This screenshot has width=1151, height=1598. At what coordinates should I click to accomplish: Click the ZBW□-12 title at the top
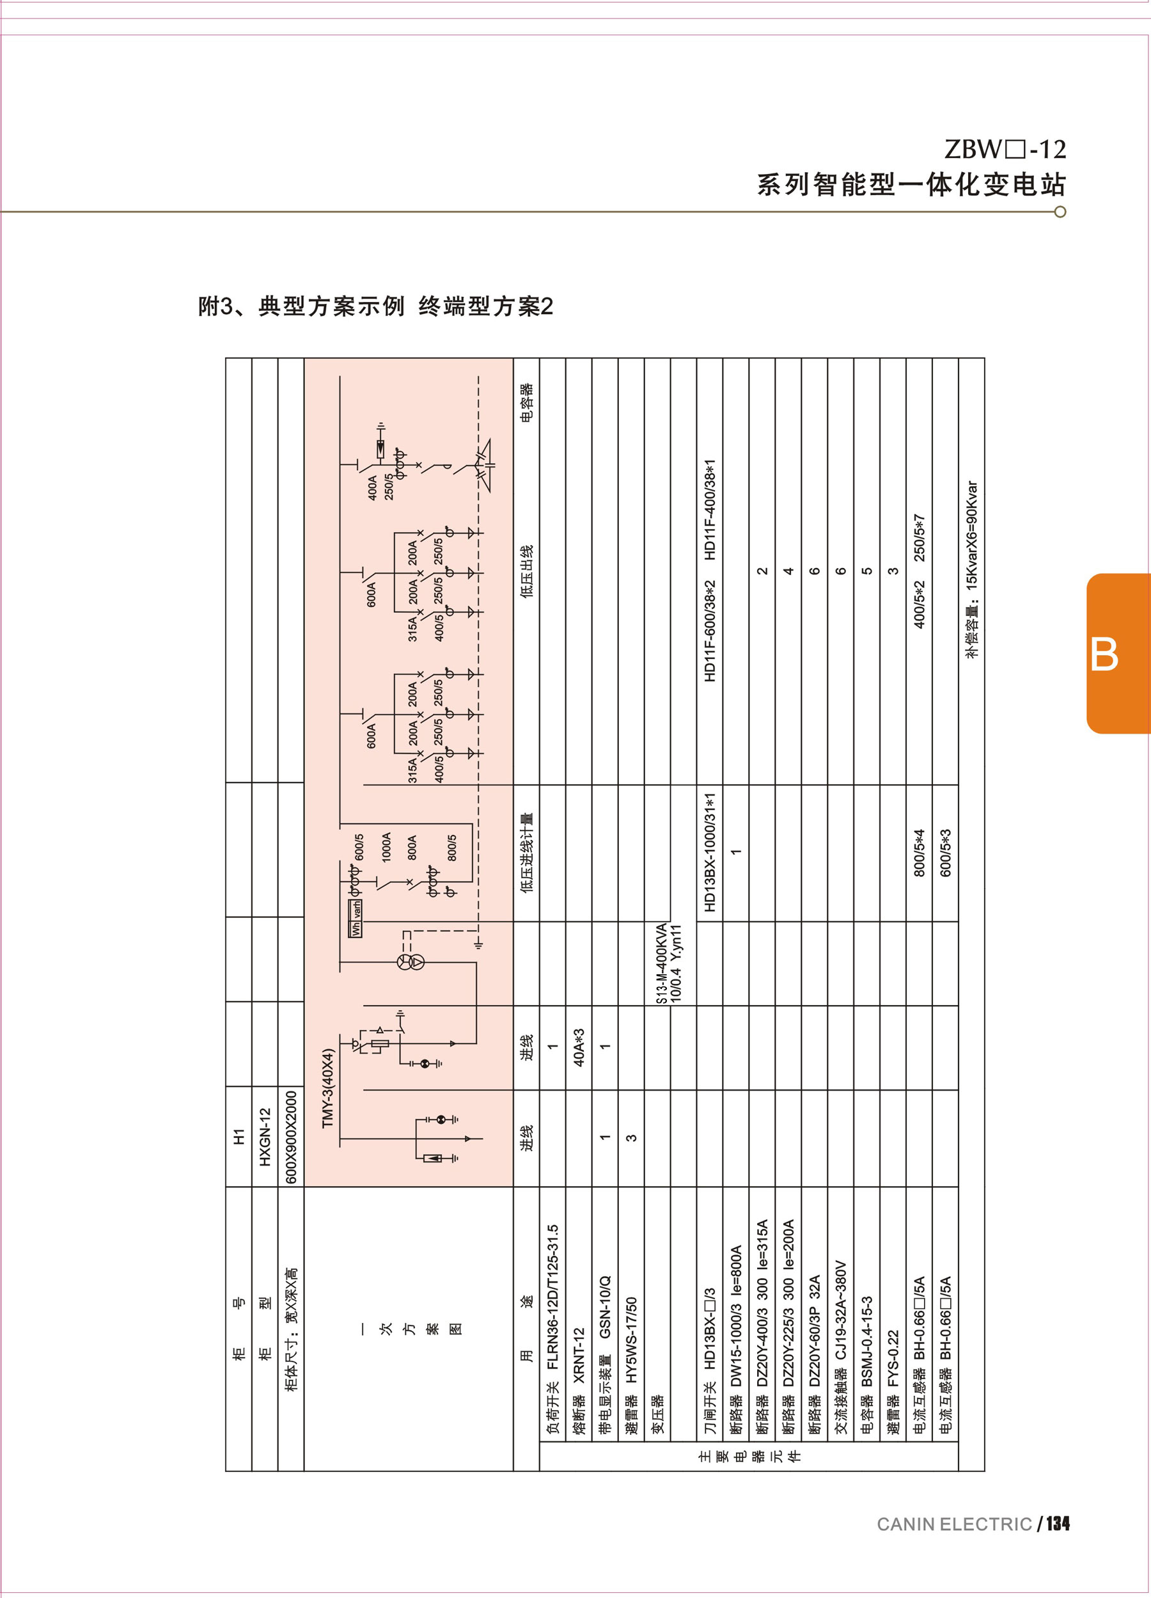(x=1005, y=149)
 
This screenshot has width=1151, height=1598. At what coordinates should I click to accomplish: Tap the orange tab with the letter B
(x=1117, y=654)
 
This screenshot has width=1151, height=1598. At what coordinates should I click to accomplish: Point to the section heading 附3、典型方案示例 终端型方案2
(x=375, y=306)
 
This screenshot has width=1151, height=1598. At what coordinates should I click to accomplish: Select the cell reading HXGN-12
(x=265, y=1137)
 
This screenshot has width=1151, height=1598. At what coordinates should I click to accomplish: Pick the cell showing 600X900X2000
(x=291, y=1137)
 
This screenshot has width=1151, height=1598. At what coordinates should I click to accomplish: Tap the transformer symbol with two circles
(x=411, y=963)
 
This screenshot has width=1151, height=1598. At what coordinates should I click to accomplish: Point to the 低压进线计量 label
(x=526, y=853)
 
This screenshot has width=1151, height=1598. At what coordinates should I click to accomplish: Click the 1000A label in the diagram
(x=386, y=847)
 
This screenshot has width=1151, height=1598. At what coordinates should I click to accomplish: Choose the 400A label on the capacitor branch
(x=373, y=487)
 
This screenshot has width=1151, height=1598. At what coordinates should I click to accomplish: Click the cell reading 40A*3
(x=579, y=1047)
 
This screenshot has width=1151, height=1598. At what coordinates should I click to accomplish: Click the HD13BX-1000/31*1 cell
(x=710, y=853)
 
